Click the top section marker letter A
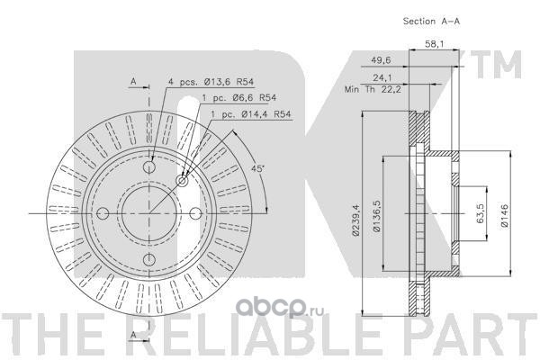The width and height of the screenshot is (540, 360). tap(132, 81)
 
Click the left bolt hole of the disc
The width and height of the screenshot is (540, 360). tap(103, 213)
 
